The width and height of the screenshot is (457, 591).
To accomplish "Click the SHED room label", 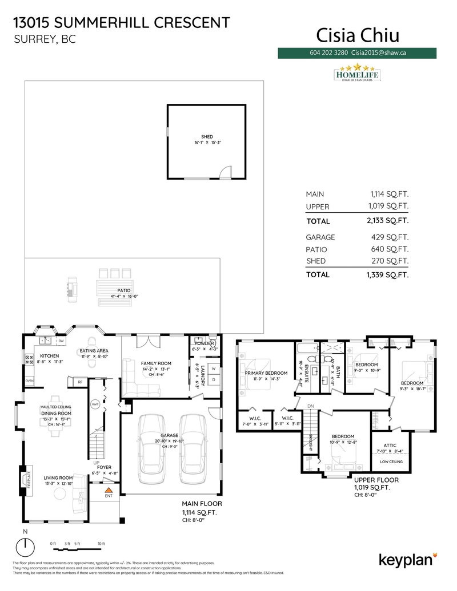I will [x=206, y=137].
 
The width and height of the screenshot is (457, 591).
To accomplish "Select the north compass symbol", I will [x=25, y=548].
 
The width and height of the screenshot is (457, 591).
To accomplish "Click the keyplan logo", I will [x=408, y=558].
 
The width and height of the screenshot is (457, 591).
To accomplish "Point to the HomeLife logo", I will [x=356, y=74].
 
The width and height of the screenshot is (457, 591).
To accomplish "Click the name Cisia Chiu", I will [x=358, y=35].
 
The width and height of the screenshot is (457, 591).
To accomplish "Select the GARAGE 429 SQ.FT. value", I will [x=388, y=237].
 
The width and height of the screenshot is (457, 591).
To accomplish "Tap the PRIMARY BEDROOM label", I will [x=262, y=374].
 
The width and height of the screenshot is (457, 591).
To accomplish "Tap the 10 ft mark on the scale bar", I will [x=101, y=544].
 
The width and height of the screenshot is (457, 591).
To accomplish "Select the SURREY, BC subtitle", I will [x=44, y=40].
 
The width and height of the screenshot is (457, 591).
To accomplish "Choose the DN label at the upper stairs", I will [x=311, y=406].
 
